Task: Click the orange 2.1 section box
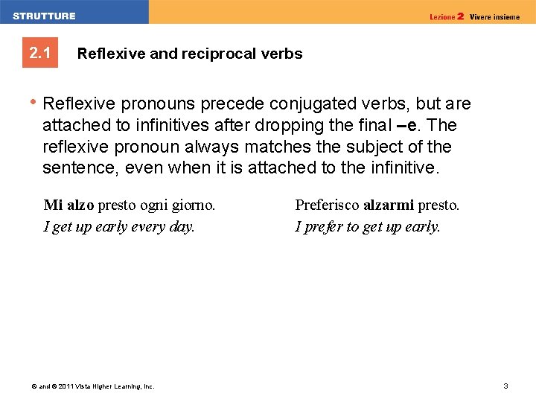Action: (39, 54)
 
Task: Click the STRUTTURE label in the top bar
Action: (44, 16)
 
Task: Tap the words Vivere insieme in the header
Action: (495, 16)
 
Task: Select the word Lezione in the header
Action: (442, 16)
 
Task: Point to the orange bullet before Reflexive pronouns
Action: (34, 103)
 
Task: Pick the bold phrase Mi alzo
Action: (68, 205)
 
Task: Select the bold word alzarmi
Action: (388, 205)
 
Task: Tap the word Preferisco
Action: (327, 205)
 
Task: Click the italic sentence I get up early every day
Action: (119, 226)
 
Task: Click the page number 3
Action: (505, 386)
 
